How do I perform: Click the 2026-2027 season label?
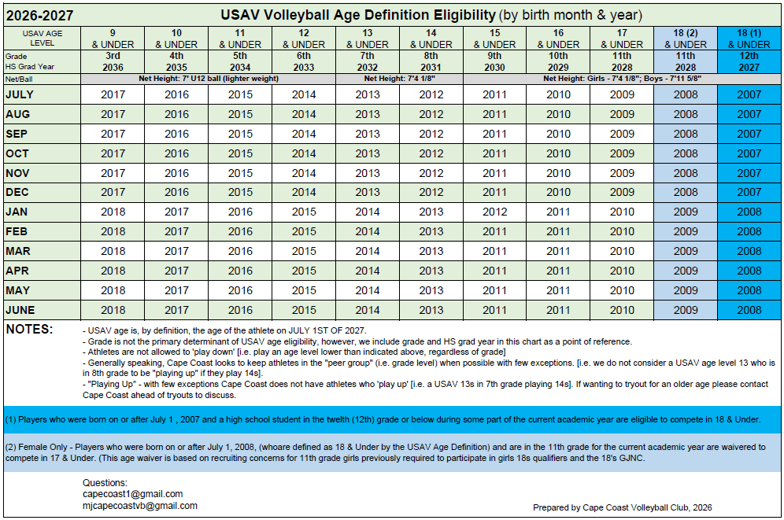pyautogui.click(x=40, y=16)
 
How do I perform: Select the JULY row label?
pyautogui.click(x=20, y=94)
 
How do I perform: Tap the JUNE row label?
pyautogui.click(x=20, y=310)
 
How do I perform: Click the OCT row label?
pyautogui.click(x=17, y=153)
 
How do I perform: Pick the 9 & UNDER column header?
pyautogui.click(x=113, y=39)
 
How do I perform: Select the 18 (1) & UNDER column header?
pyautogui.click(x=749, y=39)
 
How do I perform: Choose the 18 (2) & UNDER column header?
pyautogui.click(x=686, y=39)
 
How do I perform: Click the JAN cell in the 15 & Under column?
pyautogui.click(x=494, y=212)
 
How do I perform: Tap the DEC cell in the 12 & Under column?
pyautogui.click(x=304, y=192)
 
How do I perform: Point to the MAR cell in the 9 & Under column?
pyautogui.click(x=113, y=251)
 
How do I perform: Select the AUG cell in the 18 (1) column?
pyautogui.click(x=749, y=114)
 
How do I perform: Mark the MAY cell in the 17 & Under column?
pyautogui.click(x=622, y=290)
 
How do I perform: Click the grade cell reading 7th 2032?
pyautogui.click(x=368, y=61)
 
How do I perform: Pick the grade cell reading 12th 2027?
pyautogui.click(x=749, y=61)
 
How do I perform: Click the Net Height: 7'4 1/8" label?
pyautogui.click(x=400, y=79)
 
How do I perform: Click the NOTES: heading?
pyautogui.click(x=29, y=329)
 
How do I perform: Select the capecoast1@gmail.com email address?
pyautogui.click(x=132, y=494)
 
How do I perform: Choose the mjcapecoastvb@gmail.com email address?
pyautogui.click(x=140, y=506)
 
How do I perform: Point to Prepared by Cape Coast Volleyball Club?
pyautogui.click(x=623, y=507)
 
